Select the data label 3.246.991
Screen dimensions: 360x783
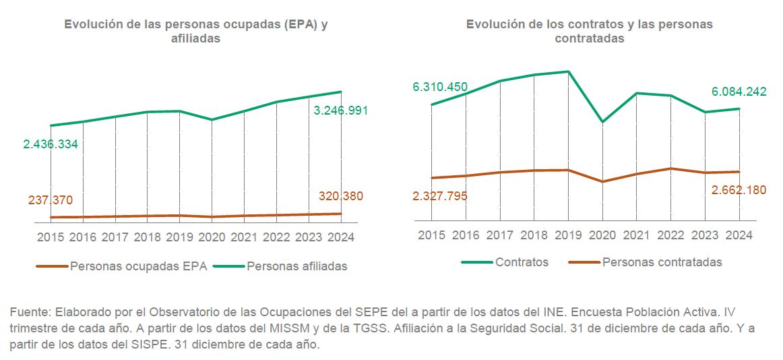click(341, 111)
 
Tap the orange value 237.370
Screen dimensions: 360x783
click(51, 200)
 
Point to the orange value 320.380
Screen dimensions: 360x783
click(340, 197)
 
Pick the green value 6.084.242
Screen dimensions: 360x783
click(739, 92)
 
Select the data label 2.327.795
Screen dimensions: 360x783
click(440, 196)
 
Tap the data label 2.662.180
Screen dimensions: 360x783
click(739, 190)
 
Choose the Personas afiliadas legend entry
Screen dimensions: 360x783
click(296, 266)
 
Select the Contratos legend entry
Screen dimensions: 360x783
click(522, 262)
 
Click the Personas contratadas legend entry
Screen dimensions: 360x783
click(662, 262)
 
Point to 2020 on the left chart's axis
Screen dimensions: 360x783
click(212, 237)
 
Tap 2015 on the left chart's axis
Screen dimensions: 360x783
click(51, 237)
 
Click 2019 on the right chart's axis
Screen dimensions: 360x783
click(569, 235)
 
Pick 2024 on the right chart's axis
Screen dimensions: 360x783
click(739, 235)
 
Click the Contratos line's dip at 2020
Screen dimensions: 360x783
click(602, 122)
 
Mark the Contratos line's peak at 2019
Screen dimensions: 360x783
click(569, 71)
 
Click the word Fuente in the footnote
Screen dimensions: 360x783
click(28, 313)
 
